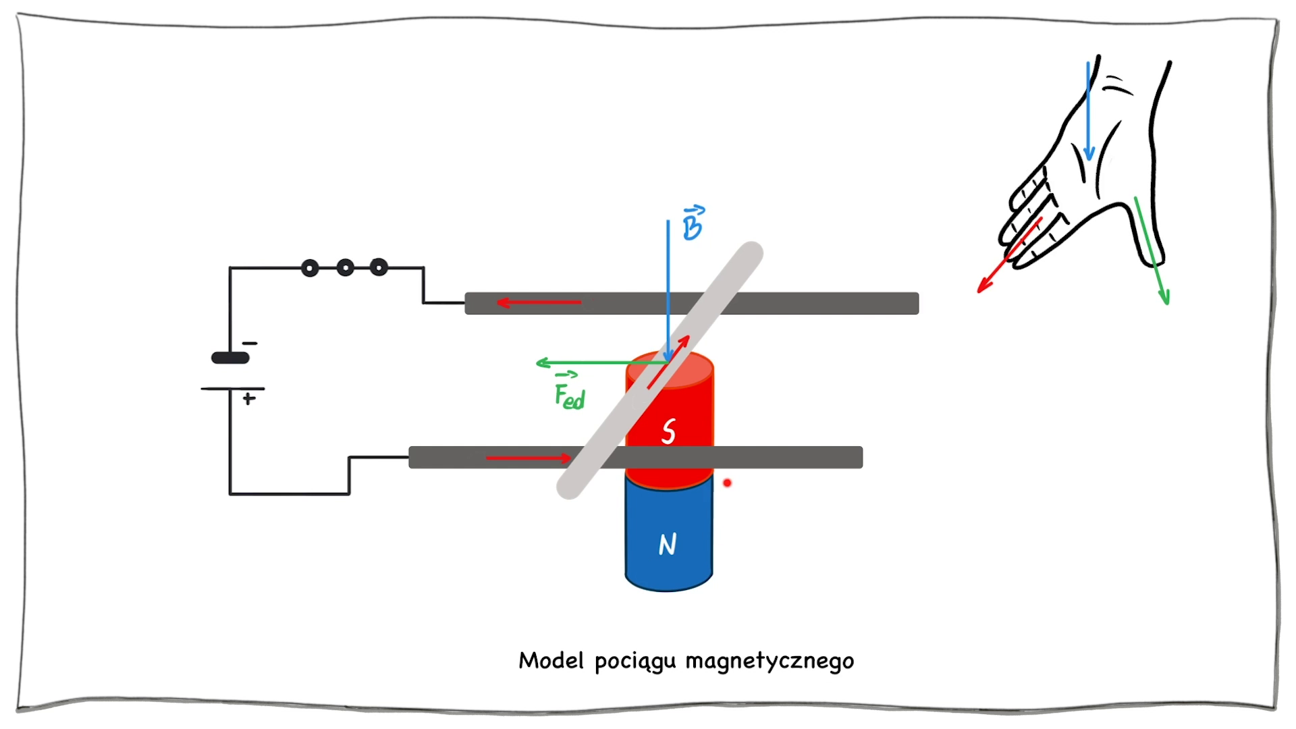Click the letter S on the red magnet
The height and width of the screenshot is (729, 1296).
click(668, 431)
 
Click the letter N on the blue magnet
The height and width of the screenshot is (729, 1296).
click(668, 544)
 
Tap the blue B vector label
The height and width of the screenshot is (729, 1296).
click(693, 224)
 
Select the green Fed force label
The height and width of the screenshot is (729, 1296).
click(570, 395)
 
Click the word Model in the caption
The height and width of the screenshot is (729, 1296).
click(551, 660)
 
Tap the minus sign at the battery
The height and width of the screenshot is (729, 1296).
click(250, 344)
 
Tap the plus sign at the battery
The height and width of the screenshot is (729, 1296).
click(249, 399)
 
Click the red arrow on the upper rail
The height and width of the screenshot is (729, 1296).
click(539, 302)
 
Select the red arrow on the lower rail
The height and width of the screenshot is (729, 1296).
click(529, 458)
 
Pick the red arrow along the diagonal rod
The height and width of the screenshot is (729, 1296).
click(668, 362)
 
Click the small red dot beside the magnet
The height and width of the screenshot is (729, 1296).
click(727, 483)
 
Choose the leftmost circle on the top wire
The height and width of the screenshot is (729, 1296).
click(310, 269)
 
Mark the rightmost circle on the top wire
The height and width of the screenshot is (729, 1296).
click(379, 268)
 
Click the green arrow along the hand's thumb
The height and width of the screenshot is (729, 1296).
click(1152, 250)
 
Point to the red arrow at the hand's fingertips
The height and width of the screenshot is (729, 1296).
click(1008, 256)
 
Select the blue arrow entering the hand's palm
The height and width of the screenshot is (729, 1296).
click(1088, 111)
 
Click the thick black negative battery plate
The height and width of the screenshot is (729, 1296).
click(230, 358)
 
